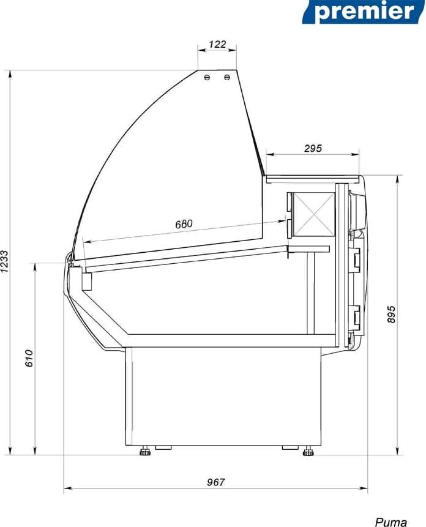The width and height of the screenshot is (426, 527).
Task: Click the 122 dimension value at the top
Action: point(217,44)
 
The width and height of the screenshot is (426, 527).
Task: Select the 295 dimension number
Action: point(313,148)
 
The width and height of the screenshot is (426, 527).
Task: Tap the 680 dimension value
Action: point(184,224)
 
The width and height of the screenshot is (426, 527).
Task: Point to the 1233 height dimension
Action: point(4,262)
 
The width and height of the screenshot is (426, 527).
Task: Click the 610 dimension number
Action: point(29,358)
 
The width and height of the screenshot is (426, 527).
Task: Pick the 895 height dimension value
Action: point(391,315)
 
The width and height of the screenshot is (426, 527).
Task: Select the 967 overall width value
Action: point(215,482)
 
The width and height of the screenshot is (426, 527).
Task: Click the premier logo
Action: point(364,12)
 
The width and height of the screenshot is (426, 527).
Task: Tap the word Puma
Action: point(390,522)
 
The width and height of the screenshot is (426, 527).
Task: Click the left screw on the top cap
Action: point(207,78)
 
